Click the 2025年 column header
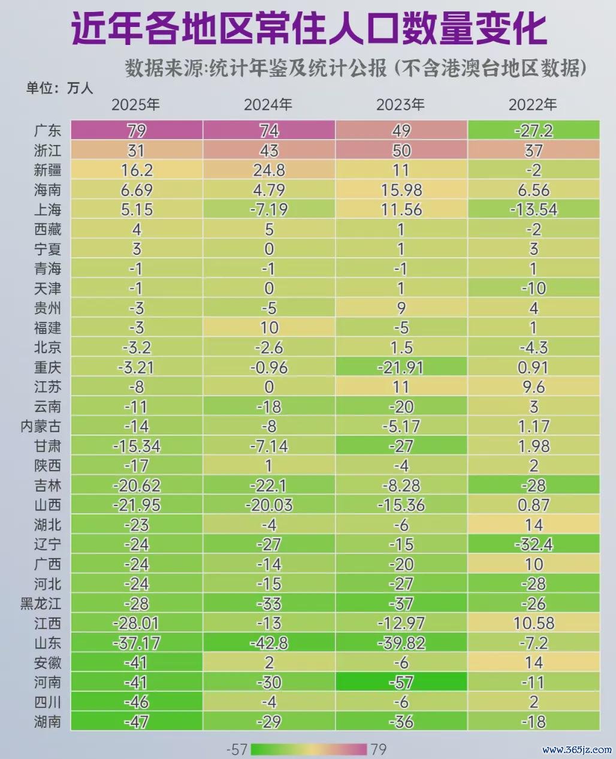click(x=135, y=104)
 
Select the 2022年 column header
click(x=533, y=104)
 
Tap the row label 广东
click(x=48, y=131)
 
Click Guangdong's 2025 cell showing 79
click(x=137, y=131)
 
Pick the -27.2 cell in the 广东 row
click(x=533, y=131)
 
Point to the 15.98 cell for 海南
click(x=401, y=189)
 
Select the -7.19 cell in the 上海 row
click(x=269, y=209)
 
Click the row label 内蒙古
click(x=41, y=426)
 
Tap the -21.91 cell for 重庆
click(x=401, y=368)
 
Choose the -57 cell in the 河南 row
click(x=401, y=682)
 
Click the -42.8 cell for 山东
click(x=269, y=643)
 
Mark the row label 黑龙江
click(x=41, y=604)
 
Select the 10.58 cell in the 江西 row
click(x=533, y=624)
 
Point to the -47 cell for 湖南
click(x=137, y=722)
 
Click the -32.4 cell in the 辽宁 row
click(x=533, y=544)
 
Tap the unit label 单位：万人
click(x=59, y=88)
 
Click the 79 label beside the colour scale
click(x=379, y=749)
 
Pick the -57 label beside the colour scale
click(x=237, y=749)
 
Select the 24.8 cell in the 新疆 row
click(x=269, y=170)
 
